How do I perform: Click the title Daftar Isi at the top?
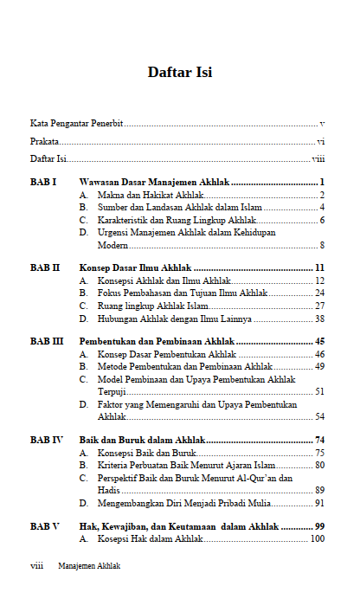180,71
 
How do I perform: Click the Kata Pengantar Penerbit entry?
76,124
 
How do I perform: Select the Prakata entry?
44,141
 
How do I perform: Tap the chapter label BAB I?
43,183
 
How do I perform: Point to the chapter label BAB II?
45,268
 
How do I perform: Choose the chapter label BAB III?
47,342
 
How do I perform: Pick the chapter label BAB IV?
46,440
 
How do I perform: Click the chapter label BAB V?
44,525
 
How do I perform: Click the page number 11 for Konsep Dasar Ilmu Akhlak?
319,268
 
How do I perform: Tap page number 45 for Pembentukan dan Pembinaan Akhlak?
319,342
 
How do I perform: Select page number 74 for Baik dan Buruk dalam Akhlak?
319,440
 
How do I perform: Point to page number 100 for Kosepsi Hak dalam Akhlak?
317,538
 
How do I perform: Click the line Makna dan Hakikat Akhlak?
148,196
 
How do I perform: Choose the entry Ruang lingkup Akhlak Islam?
152,306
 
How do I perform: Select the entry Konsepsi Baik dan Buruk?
147,453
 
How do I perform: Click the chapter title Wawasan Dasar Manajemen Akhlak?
154,183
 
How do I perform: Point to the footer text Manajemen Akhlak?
89,566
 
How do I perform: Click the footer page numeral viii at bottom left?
37,566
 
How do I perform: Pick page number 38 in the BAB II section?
319,318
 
